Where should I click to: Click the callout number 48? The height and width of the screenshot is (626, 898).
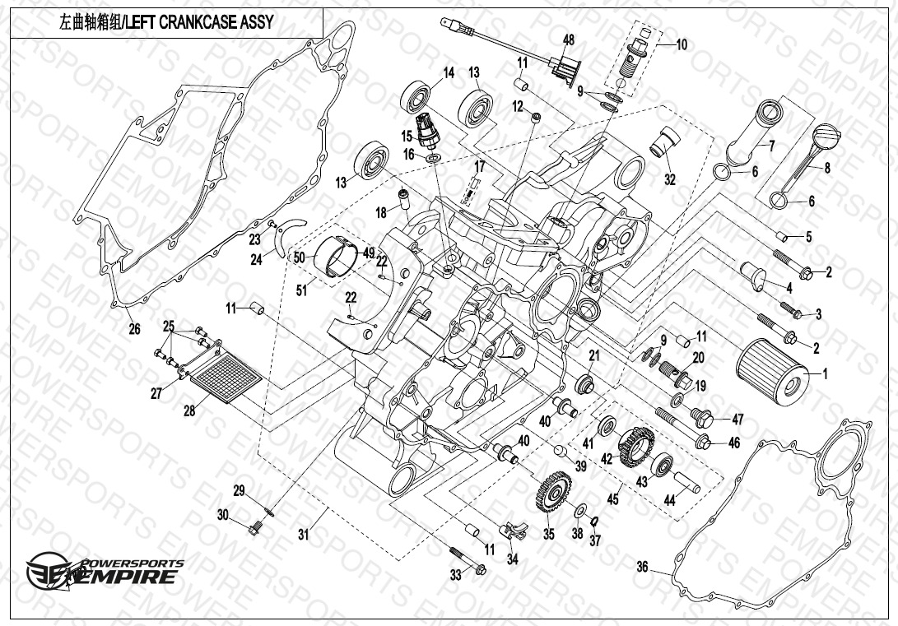569,40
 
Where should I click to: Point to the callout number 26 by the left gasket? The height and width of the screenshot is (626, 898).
135,329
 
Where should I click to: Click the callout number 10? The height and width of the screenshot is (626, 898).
682,45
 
